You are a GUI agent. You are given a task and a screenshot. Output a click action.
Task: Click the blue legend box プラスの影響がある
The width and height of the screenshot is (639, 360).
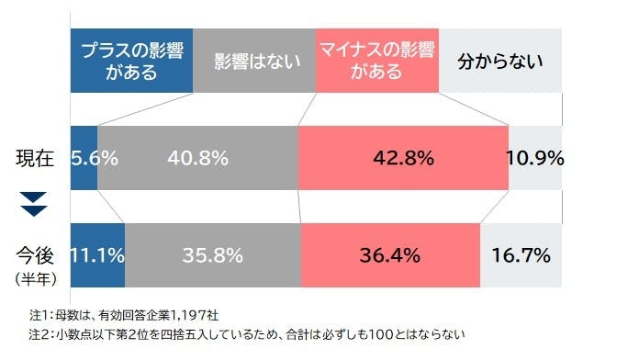pos(132,61)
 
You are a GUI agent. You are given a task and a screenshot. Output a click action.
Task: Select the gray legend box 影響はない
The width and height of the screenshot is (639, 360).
pos(254,61)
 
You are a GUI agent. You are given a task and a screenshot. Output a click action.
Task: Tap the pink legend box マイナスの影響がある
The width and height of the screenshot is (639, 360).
pos(376,61)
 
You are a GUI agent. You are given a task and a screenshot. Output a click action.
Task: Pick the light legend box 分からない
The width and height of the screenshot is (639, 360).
pos(500,62)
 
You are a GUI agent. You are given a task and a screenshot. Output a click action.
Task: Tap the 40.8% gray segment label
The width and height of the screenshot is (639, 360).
pos(197,157)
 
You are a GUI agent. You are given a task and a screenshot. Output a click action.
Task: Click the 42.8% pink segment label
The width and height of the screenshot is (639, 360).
pos(403,157)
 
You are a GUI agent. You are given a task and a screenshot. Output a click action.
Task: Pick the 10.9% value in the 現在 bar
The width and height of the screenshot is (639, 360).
pos(535,157)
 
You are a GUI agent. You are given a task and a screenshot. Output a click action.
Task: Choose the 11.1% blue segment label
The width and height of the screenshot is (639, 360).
pos(97,254)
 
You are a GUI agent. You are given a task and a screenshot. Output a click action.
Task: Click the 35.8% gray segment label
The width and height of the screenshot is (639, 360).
pos(212,254)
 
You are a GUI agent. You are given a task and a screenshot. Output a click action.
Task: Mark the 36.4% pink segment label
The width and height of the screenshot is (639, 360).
pos(390,254)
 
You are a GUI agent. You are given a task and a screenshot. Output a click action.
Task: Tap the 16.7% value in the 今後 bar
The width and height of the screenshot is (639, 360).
pos(521,254)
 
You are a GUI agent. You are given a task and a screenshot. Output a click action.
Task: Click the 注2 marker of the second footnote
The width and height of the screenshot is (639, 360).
pos(39,334)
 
